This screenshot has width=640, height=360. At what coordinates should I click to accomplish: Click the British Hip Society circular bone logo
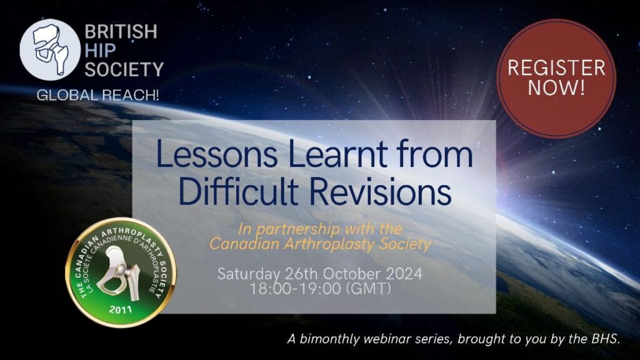point(50,49)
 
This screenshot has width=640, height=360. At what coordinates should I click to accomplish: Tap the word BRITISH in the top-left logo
point(121,31)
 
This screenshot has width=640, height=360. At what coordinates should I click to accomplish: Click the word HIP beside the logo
point(101,50)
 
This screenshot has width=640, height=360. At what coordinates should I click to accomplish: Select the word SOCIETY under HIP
point(124,69)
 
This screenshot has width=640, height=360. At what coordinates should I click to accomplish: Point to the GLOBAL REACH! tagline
point(98,95)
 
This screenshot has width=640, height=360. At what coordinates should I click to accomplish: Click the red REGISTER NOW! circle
point(556,78)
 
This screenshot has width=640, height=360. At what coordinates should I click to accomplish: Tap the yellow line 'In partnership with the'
point(320,229)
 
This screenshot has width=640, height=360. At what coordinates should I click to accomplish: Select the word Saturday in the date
point(249,274)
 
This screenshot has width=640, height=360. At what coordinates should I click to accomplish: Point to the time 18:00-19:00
point(296,289)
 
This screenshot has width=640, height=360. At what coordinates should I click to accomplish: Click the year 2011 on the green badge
point(121,309)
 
